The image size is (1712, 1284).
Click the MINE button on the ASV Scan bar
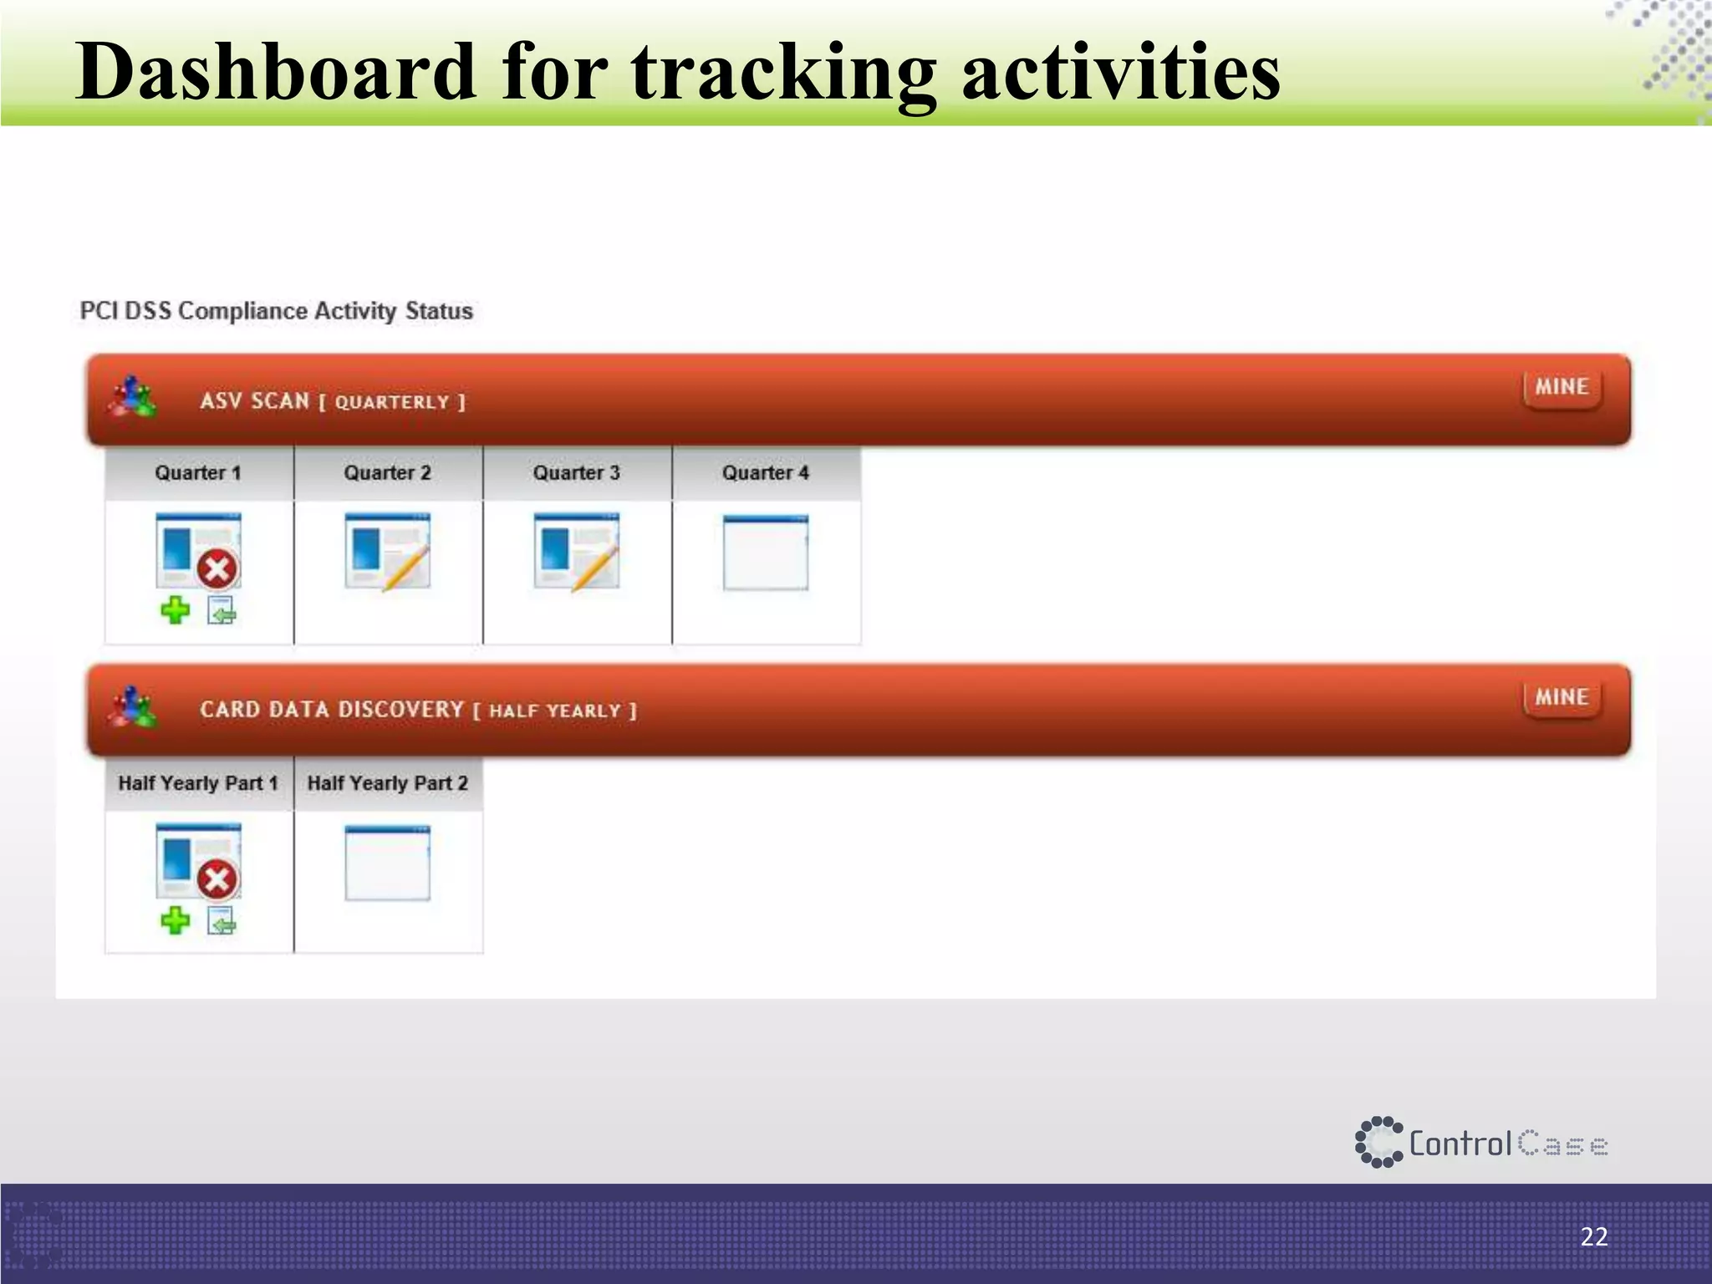coord(1562,387)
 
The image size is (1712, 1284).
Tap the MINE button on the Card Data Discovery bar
coord(1562,697)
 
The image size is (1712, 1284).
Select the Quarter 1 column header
coord(198,473)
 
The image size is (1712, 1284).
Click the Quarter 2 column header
coord(387,473)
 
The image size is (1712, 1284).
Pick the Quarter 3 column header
coord(577,473)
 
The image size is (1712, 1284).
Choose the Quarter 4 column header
coord(766,473)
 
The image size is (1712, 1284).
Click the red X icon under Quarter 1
coord(217,570)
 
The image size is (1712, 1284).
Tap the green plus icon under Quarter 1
coord(176,610)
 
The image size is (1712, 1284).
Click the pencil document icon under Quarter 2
coord(388,552)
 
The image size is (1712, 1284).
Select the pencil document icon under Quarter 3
coord(577,552)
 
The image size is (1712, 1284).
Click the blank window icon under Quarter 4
coord(766,553)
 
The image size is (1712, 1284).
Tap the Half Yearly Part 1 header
coord(198,783)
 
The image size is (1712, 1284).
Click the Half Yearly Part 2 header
coord(387,783)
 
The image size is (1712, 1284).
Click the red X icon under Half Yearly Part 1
coord(217,879)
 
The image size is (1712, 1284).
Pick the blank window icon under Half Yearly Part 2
coord(388,863)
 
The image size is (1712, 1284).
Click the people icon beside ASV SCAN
coord(132,397)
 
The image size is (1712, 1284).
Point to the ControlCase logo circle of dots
coord(1378,1142)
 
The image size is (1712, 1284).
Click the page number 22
coord(1593,1236)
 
